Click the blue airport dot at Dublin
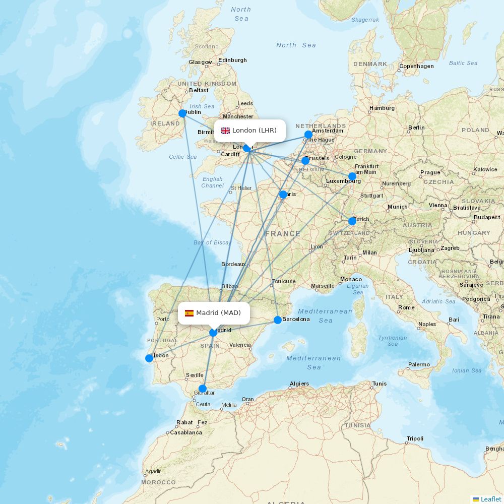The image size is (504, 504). (x=182, y=113)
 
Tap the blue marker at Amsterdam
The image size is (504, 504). (x=308, y=135)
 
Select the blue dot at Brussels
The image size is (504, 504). (x=305, y=161)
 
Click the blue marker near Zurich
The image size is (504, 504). (x=352, y=221)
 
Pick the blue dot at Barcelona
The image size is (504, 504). (x=278, y=320)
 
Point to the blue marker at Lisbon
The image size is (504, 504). (x=149, y=358)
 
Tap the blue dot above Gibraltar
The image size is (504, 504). (x=203, y=389)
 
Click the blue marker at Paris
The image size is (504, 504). (x=283, y=195)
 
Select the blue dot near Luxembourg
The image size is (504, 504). (x=352, y=176)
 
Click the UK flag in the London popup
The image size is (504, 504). (x=225, y=131)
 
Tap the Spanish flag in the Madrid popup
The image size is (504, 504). (x=189, y=313)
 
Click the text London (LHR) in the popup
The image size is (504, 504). (x=255, y=131)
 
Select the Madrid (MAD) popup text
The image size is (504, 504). (x=218, y=313)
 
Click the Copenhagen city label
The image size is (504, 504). (x=416, y=66)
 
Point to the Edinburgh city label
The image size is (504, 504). (x=232, y=60)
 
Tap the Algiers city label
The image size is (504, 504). (x=299, y=384)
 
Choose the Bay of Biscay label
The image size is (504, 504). (x=212, y=242)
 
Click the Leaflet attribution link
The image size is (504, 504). (x=490, y=499)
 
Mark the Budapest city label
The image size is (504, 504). (x=487, y=217)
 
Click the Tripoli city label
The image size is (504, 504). (x=415, y=438)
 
